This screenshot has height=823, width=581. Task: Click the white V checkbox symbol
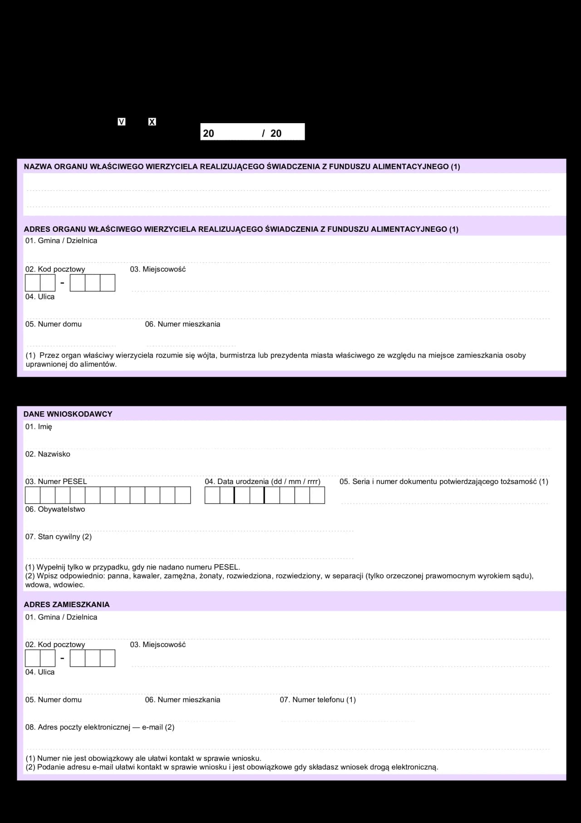pyautogui.click(x=121, y=122)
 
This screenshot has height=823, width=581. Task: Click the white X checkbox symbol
pyautogui.click(x=152, y=122)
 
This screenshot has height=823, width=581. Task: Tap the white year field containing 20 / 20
pyautogui.click(x=252, y=132)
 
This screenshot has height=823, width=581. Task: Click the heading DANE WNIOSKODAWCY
pyautogui.click(x=68, y=414)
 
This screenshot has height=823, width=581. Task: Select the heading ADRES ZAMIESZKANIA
pyautogui.click(x=67, y=604)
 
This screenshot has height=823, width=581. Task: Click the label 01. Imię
pyautogui.click(x=39, y=427)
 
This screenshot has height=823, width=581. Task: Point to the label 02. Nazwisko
pyautogui.click(x=48, y=454)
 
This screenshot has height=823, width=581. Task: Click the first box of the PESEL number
pyautogui.click(x=33, y=495)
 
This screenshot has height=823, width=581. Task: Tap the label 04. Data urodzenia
pyautogui.click(x=262, y=482)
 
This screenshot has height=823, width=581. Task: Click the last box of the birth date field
pyautogui.click(x=317, y=495)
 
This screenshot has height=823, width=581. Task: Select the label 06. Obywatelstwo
pyautogui.click(x=55, y=509)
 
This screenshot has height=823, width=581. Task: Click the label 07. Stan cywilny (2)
pyautogui.click(x=59, y=537)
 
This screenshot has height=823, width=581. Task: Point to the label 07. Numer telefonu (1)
pyautogui.click(x=318, y=700)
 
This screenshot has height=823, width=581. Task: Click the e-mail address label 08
pyautogui.click(x=100, y=727)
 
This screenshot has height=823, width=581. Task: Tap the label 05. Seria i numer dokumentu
pyautogui.click(x=443, y=482)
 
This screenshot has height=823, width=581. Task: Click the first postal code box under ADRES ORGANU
pyautogui.click(x=33, y=283)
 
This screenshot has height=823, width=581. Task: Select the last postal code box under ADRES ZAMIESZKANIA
pyautogui.click(x=108, y=658)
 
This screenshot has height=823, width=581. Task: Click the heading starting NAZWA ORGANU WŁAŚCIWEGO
pyautogui.click(x=242, y=167)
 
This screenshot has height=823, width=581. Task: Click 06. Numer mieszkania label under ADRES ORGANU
pyautogui.click(x=182, y=324)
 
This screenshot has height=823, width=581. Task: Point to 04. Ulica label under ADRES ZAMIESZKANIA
pyautogui.click(x=40, y=672)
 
